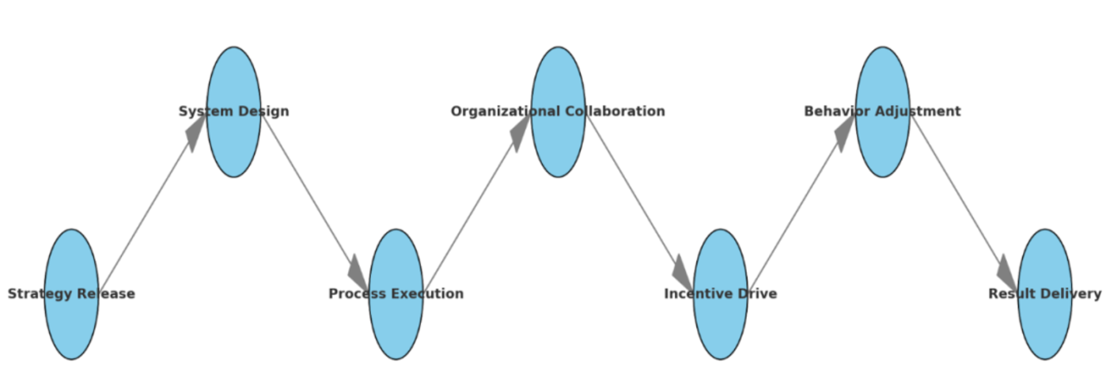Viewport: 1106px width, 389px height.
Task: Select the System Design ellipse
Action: click(x=233, y=142)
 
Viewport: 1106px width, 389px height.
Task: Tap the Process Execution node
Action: click(x=396, y=324)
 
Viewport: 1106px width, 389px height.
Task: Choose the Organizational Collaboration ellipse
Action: click(x=558, y=142)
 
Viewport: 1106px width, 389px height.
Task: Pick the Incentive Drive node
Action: click(x=720, y=324)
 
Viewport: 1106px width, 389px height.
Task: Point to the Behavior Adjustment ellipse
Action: click(x=882, y=142)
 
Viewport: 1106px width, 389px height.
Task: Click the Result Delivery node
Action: click(x=1044, y=324)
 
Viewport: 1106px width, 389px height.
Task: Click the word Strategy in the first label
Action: click(x=38, y=294)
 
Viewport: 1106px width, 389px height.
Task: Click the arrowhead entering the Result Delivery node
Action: click(x=1007, y=274)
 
